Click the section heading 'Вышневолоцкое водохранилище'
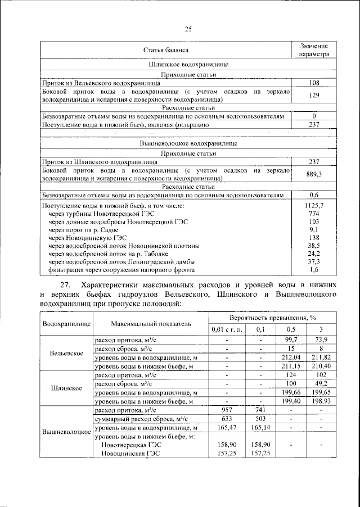point(188,144)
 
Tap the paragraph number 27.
point(66,284)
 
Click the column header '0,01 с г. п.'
point(227,329)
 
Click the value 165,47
point(227,428)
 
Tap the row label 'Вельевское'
point(67,353)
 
